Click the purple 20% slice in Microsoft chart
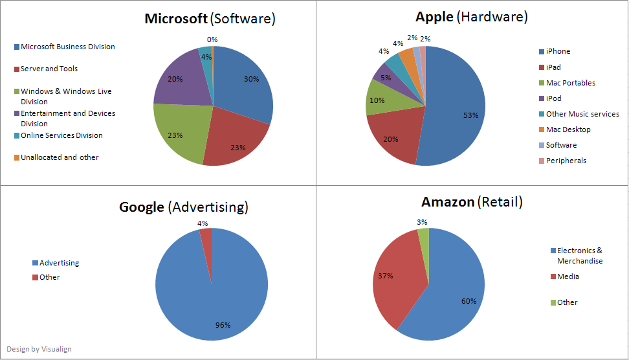178,78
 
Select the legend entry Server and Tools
49,69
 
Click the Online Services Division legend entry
61,135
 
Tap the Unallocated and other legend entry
60,157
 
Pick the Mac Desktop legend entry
568,129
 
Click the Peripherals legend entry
566,161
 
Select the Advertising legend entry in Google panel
59,263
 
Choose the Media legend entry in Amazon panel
568,276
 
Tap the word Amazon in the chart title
447,202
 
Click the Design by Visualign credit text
39,349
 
